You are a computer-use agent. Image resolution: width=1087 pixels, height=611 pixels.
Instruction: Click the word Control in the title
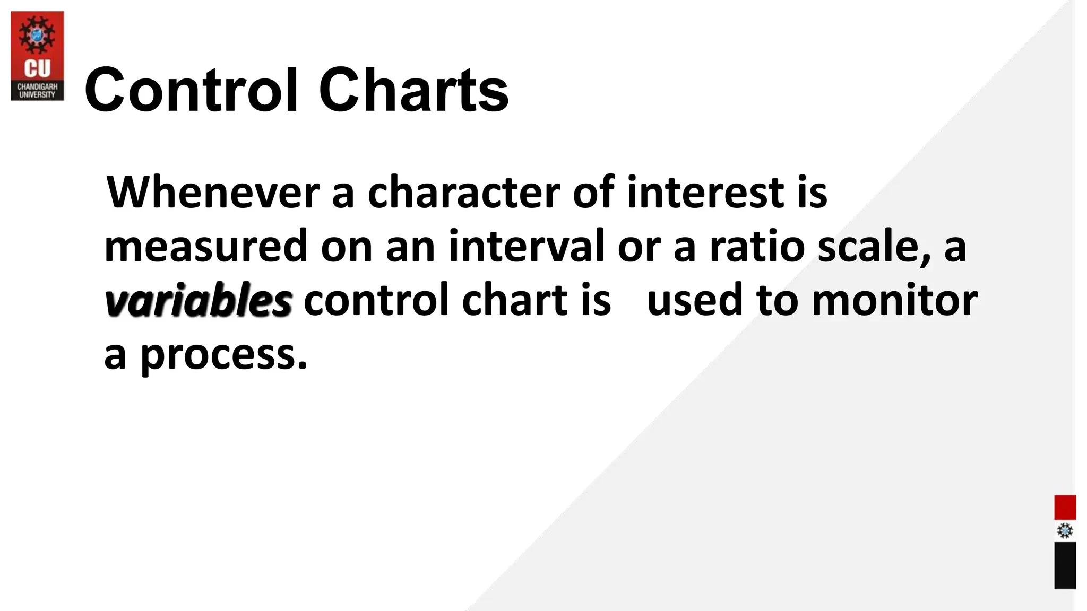[191, 90]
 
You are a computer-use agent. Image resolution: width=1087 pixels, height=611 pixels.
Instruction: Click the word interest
[705, 192]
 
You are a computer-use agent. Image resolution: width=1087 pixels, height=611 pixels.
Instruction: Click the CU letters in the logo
[37, 68]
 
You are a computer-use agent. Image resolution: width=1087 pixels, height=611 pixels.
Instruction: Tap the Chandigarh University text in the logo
[37, 90]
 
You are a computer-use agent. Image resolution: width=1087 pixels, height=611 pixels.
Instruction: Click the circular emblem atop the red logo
[37, 35]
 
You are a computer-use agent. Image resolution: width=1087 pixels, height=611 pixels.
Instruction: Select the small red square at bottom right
[1065, 508]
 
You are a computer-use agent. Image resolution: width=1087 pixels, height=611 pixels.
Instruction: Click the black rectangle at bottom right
[1065, 565]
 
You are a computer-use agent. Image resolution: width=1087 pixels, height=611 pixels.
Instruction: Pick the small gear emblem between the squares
[1065, 531]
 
